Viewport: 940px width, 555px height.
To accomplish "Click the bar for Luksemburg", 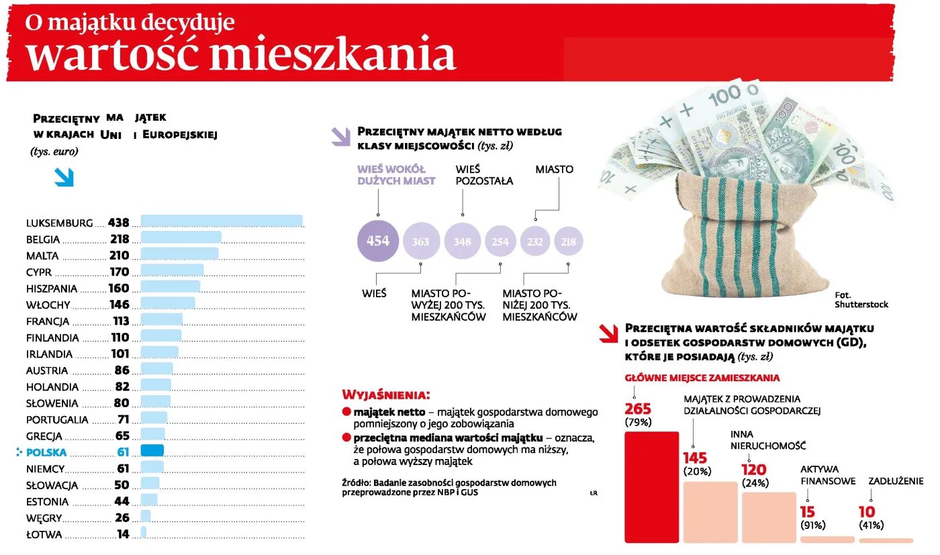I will [x=222, y=221].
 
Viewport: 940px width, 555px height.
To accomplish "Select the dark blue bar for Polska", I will [x=152, y=451].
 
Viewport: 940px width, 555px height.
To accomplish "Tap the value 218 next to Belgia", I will [x=120, y=240].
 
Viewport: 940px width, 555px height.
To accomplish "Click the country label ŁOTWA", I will [x=44, y=535].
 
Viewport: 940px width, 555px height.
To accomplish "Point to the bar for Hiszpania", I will [x=170, y=287].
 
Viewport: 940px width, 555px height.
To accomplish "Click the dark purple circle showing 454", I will [x=378, y=240].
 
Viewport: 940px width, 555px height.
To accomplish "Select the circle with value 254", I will [x=501, y=242].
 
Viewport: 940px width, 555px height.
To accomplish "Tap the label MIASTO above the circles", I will [x=554, y=170].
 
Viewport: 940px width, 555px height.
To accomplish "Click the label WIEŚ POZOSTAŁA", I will [x=483, y=175].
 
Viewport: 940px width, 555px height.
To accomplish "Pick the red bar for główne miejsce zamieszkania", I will [x=651, y=487].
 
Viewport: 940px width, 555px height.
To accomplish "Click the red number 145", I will [x=696, y=458].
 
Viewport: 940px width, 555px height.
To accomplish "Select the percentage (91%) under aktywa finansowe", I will [x=813, y=525].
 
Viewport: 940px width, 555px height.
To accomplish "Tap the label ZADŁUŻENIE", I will [x=896, y=481].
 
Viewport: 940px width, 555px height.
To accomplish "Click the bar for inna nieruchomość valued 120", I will [x=768, y=517].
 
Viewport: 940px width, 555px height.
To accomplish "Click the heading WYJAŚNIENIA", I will [x=385, y=394].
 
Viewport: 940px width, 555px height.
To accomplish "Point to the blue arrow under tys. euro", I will [x=64, y=177].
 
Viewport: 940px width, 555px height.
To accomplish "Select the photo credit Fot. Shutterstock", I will [x=861, y=300].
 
